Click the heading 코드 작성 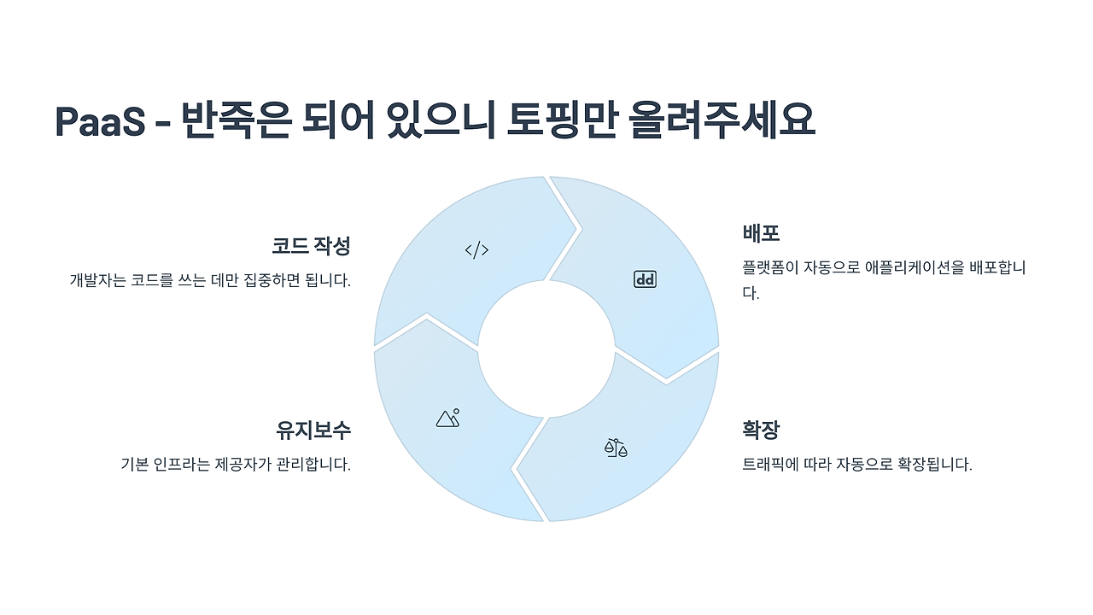coord(311,246)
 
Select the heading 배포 coord(761,233)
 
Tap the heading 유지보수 coord(313,430)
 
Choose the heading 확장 coord(761,430)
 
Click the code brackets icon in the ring coord(476,250)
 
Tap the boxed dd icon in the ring coord(645,279)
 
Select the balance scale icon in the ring coord(615,448)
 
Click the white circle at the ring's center coord(546,348)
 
